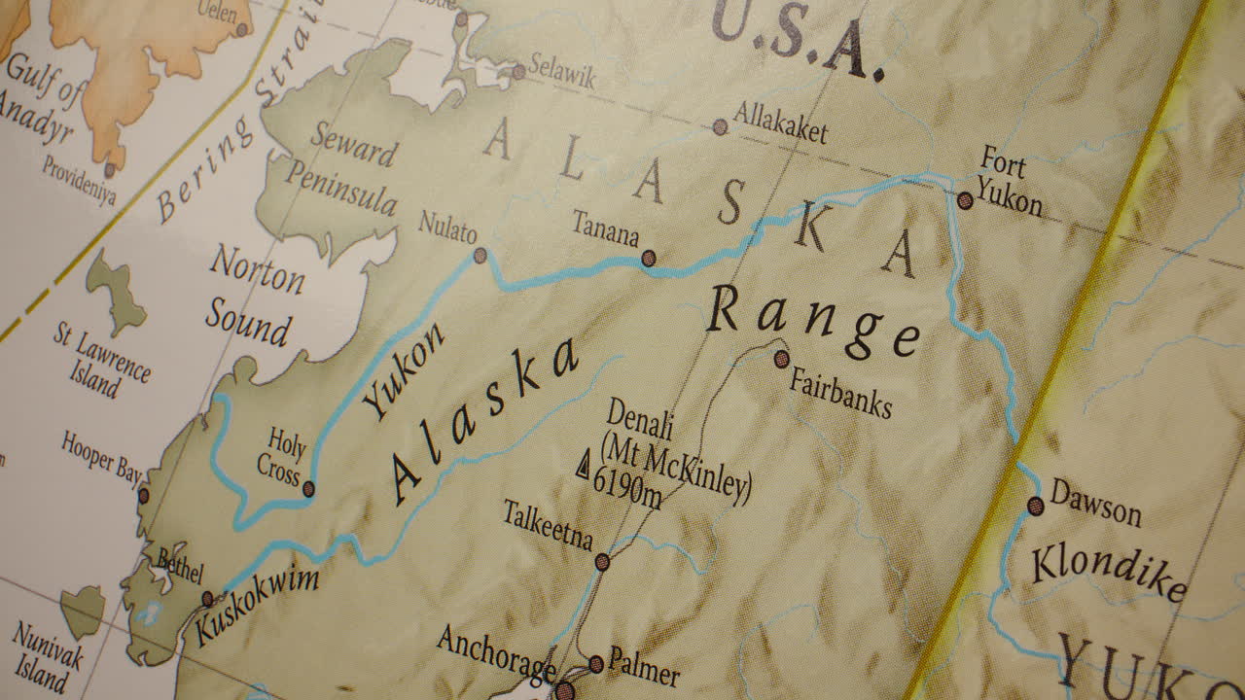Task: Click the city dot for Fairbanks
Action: pos(782,359)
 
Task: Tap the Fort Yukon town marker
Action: pos(965,201)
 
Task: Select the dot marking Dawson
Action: pos(1036,506)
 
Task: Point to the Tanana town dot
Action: pos(649,259)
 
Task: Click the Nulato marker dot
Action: pos(480,256)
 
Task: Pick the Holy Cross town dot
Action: pos(308,489)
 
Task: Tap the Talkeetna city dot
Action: pos(602,561)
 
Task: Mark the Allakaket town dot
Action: pos(720,126)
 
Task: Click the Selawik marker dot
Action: pos(518,71)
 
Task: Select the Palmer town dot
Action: pos(596,664)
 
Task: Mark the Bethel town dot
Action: pos(207,598)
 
